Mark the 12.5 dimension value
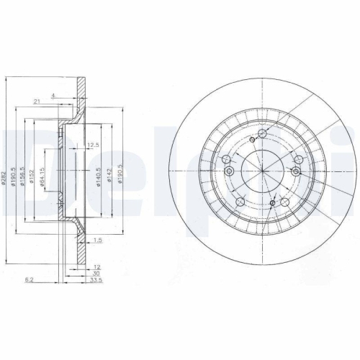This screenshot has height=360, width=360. [x=92, y=145]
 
